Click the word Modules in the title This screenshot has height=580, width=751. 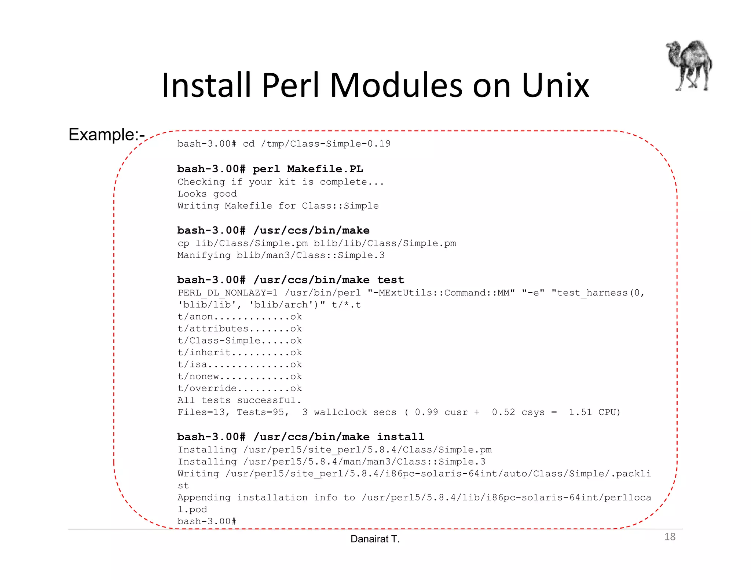tap(396, 86)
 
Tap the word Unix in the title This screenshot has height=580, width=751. tap(555, 86)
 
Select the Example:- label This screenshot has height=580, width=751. tap(106, 135)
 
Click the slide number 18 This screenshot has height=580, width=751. tap(670, 537)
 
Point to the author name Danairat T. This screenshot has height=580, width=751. tap(375, 539)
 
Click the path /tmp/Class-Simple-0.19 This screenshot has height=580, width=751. tap(326, 144)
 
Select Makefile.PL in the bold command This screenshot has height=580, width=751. tap(325, 169)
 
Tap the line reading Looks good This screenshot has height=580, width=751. tap(207, 194)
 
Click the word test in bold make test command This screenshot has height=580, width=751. tap(391, 280)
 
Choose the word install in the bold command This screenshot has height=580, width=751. tap(400, 437)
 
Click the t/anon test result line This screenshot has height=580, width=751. tap(240, 317)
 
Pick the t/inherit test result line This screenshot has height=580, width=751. tap(240, 353)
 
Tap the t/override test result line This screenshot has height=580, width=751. tap(240, 389)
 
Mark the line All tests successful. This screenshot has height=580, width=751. tap(239, 400)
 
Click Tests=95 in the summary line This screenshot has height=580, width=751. tap(263, 412)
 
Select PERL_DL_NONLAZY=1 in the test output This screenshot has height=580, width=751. tap(227, 293)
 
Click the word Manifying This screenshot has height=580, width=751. tap(204, 255)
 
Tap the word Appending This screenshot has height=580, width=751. tap(204, 498)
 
